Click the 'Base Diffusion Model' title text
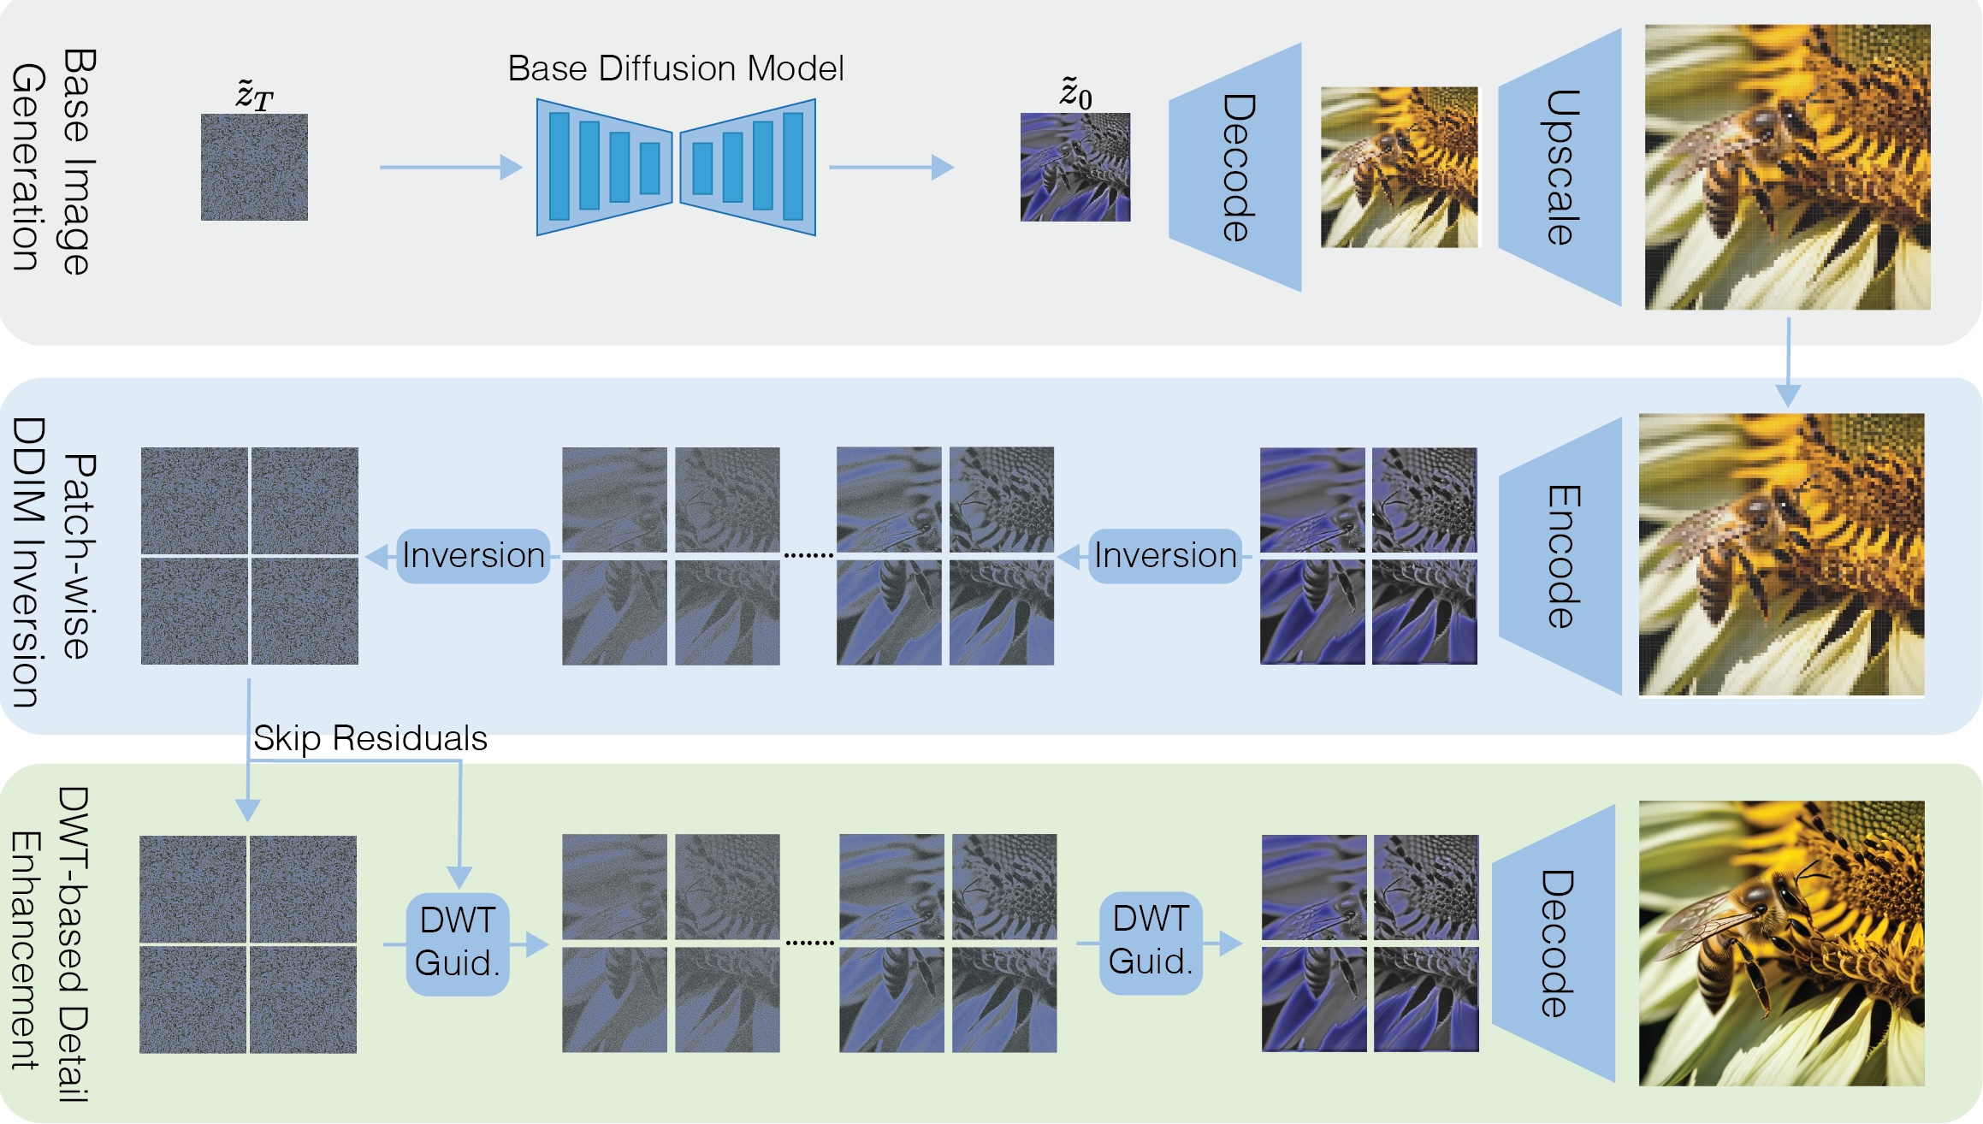click(676, 68)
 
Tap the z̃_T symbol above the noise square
click(254, 95)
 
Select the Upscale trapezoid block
click(1560, 167)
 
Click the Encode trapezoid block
click(1560, 556)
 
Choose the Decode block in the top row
click(1235, 167)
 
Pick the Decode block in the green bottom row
click(1554, 944)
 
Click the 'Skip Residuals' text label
click(370, 738)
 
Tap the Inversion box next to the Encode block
click(1165, 556)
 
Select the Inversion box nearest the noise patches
click(473, 556)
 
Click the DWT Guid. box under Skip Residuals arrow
click(458, 944)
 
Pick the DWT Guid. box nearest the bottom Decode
click(1151, 943)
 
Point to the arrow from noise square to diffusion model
click(451, 167)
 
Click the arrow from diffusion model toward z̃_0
click(891, 167)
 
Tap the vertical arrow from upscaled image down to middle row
click(1788, 363)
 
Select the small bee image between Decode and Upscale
click(1400, 167)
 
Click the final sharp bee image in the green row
click(1782, 944)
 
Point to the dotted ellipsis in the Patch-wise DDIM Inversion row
click(808, 556)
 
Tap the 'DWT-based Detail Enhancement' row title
click(50, 944)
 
